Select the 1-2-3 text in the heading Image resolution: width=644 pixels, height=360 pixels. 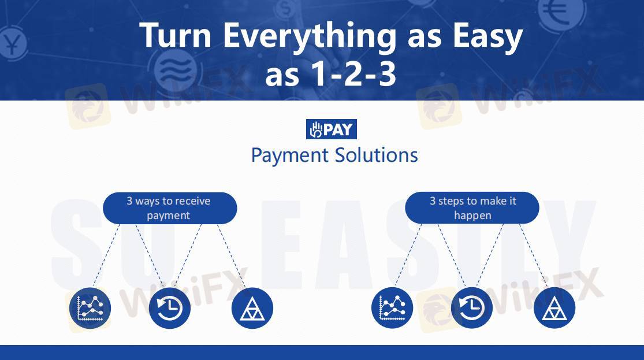pyautogui.click(x=353, y=75)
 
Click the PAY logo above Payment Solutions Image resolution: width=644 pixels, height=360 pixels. pyautogui.click(x=332, y=129)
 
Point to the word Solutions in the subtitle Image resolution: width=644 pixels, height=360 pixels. pyautogui.click(x=376, y=155)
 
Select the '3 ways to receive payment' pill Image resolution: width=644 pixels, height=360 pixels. pyautogui.click(x=170, y=208)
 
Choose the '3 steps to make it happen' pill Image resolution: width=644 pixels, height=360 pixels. pyautogui.click(x=472, y=208)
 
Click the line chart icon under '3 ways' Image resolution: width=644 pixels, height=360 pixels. pyautogui.click(x=90, y=308)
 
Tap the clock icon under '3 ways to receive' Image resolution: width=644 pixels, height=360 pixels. pyautogui.click(x=170, y=308)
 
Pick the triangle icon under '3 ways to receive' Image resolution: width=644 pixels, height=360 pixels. pyautogui.click(x=252, y=308)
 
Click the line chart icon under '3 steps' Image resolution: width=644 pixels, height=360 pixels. pyautogui.click(x=392, y=308)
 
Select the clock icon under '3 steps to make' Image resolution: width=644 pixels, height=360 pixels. pyautogui.click(x=471, y=308)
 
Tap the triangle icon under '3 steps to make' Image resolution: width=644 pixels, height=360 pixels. pyautogui.click(x=554, y=308)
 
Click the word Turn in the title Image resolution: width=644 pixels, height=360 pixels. pyautogui.click(x=176, y=35)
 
